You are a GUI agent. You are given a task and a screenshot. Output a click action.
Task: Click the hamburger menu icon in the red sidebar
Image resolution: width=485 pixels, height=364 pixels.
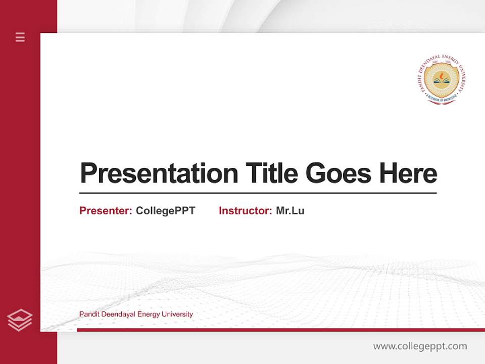pos(20,37)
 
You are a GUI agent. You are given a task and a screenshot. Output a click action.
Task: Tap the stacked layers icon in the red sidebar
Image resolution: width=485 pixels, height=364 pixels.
pos(20,320)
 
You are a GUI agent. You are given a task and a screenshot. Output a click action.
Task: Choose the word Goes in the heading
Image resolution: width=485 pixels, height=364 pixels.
pos(338,173)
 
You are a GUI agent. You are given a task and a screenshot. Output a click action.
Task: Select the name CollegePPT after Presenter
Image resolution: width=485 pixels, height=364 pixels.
pos(166,211)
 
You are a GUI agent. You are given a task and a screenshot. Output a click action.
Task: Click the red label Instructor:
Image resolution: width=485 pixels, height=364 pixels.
pos(246,211)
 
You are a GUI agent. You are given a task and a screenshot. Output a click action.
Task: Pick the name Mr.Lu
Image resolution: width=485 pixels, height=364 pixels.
pos(290,211)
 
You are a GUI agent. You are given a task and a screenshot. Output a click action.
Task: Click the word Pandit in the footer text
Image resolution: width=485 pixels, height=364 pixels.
pos(89,314)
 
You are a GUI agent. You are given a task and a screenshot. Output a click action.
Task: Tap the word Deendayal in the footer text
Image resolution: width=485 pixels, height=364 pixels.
pos(118,314)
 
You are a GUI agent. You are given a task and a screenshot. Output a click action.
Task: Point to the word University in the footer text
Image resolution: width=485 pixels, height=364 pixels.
pos(177,314)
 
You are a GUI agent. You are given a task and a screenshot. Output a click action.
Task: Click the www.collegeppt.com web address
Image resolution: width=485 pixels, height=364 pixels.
pos(420,346)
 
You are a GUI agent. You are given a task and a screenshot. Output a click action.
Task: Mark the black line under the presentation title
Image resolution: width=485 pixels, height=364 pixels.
pos(258,193)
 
